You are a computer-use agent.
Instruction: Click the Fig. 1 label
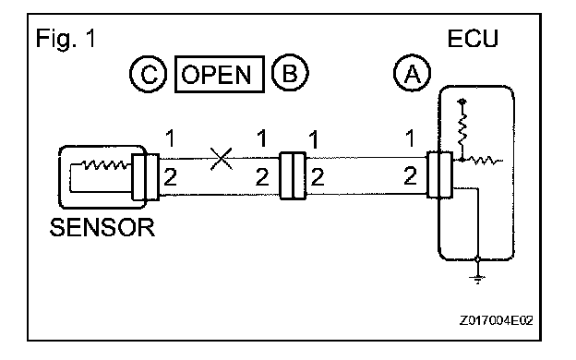pos(66,38)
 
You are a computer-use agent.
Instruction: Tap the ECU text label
pos(473,38)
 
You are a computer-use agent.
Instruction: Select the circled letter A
pos(413,73)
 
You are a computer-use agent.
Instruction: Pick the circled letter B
pos(290,72)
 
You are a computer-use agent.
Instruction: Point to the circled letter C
pos(149,74)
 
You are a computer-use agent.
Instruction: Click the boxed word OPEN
pos(220,74)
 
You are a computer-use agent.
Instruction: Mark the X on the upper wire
pos(222,159)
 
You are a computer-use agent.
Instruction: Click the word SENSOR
pos(102,227)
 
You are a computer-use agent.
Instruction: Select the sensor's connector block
pos(146,177)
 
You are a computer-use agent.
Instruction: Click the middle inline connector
pos(293,176)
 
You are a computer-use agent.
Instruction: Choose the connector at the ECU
pos(439,174)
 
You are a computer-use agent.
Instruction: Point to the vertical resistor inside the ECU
pos(462,128)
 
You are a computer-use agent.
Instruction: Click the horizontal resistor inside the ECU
pos(483,161)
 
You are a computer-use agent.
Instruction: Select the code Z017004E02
pos(497,320)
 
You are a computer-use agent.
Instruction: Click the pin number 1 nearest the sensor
pos(170,138)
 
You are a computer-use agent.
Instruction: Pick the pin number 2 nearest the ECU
pos(411,175)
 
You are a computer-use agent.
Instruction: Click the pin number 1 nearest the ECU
pos(410,138)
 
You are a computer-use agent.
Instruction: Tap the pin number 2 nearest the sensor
pos(170,177)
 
